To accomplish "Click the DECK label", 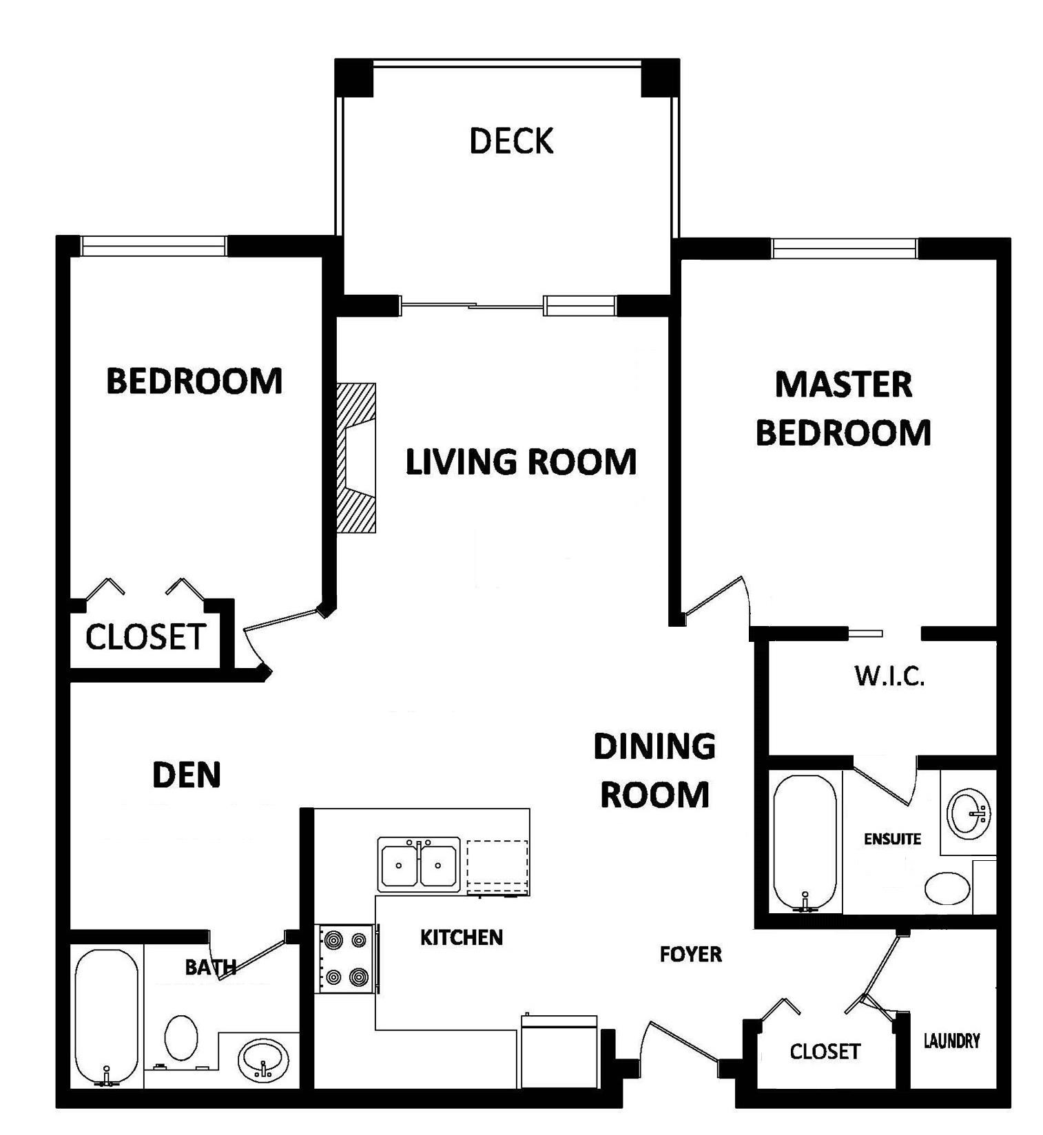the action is click(x=511, y=140).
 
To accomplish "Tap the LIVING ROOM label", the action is click(x=521, y=461).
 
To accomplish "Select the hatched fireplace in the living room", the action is click(x=356, y=458).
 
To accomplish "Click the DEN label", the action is click(x=186, y=775).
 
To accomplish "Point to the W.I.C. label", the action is click(x=889, y=676).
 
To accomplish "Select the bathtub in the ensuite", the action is click(x=805, y=844).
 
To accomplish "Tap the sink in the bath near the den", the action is click(x=263, y=1060).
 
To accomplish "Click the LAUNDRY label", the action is click(x=951, y=1041).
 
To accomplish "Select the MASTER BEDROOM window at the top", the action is click(x=844, y=248).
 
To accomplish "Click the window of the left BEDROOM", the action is click(x=153, y=246).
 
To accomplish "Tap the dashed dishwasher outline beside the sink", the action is click(x=498, y=868).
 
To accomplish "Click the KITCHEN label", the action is click(x=462, y=937).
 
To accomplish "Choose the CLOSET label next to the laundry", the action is click(x=825, y=1052).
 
